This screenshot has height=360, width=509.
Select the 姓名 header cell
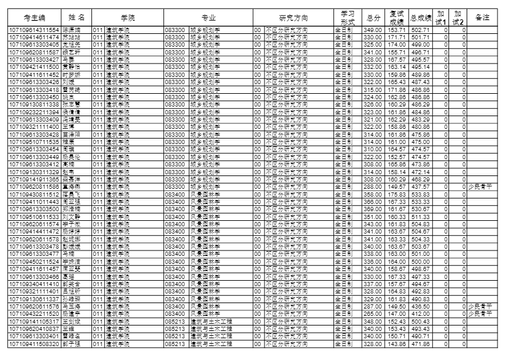coord(76,18)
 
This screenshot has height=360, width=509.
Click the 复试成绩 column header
coord(396,18)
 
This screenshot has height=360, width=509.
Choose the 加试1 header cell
coord(441,18)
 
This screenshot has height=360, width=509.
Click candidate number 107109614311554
coord(33,30)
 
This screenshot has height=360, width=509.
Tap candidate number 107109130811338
coord(33,105)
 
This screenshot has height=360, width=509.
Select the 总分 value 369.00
coord(372,208)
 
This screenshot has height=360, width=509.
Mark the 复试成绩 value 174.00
coord(396,44)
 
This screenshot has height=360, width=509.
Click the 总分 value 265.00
coord(372,313)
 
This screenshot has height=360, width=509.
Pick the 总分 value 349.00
coord(372,30)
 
